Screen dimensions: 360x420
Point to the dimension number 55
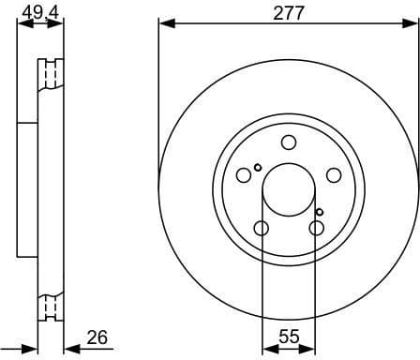tap(290, 335)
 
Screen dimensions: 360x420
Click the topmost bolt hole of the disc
tap(289, 142)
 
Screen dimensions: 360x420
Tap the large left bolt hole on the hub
tap(244, 175)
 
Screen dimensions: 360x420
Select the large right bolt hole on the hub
tap(334, 175)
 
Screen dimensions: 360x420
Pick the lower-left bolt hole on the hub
tap(262, 228)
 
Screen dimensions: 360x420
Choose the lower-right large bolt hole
tap(317, 228)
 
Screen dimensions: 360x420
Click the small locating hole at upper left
tap(258, 168)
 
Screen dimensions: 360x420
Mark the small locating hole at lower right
tap(320, 212)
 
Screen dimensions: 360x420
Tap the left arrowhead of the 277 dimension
tap(163, 22)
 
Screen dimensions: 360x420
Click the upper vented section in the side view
tap(48, 74)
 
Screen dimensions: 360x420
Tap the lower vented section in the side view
tap(48, 306)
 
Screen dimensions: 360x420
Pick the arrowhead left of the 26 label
tap(70, 348)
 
